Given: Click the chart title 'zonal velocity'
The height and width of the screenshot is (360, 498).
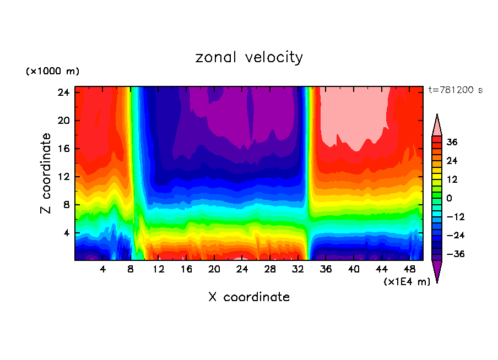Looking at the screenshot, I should coord(249,57).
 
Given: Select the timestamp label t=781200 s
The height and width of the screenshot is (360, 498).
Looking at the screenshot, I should coord(455,90).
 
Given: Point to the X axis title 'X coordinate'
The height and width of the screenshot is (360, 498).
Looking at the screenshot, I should coord(249,297).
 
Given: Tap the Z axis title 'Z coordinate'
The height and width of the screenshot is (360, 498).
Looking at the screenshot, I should coord(47,173).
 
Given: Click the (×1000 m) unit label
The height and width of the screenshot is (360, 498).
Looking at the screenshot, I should coord(52,72).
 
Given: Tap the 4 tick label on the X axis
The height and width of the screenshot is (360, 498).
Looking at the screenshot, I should coord(103,269).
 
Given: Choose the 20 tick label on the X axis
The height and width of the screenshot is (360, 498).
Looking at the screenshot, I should coord(214,269).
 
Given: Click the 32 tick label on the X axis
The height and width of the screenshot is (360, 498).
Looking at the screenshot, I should coord(298,269).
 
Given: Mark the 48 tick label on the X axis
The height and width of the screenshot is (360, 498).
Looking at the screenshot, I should coord(409,269).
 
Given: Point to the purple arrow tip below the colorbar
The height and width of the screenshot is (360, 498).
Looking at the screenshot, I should coord(437,271).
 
